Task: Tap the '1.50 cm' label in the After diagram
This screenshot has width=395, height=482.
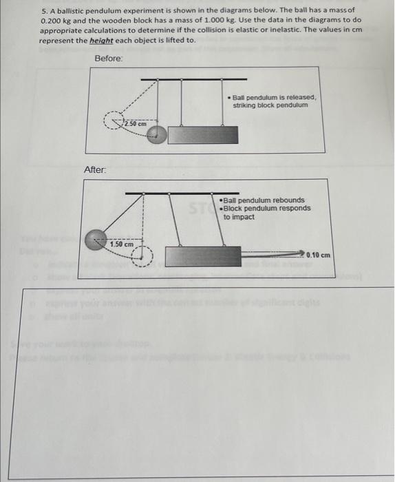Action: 122,244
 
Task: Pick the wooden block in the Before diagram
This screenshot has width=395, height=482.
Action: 193,134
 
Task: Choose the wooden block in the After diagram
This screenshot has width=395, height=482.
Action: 203,256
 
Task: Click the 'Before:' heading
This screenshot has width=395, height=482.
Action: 109,59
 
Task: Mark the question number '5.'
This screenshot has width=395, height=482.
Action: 45,12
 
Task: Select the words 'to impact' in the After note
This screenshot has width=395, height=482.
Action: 239,217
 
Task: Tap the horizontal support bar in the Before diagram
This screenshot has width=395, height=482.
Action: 184,79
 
